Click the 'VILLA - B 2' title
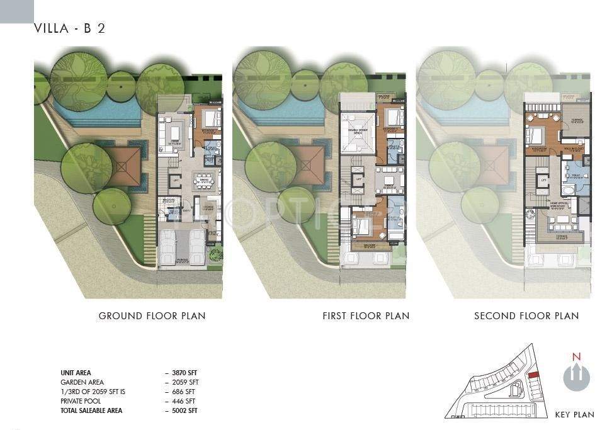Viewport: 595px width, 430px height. click(x=69, y=29)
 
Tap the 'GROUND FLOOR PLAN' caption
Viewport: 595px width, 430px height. click(x=152, y=315)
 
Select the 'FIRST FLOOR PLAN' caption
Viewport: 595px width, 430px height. click(x=365, y=315)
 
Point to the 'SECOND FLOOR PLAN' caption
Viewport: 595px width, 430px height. click(x=526, y=315)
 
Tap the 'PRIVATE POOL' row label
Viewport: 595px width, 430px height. click(x=81, y=401)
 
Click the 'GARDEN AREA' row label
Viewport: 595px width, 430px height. click(x=82, y=382)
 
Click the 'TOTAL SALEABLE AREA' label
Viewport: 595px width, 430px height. click(x=91, y=410)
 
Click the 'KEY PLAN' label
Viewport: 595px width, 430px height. click(x=574, y=414)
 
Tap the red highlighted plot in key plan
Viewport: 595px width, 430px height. click(x=533, y=375)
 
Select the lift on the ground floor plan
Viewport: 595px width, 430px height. click(x=177, y=180)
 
